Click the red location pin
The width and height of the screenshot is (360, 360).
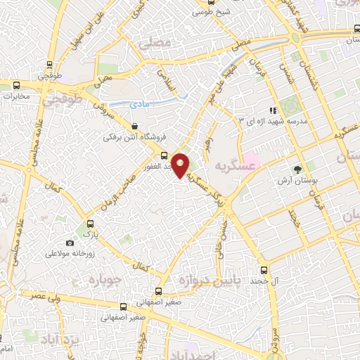(x=181, y=165)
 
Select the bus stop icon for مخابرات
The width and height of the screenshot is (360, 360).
(x=15, y=85)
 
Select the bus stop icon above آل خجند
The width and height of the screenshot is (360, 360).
(x=264, y=270)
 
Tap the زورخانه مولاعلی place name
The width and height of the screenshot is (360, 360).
(x=70, y=252)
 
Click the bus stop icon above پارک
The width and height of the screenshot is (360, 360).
(x=88, y=219)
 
